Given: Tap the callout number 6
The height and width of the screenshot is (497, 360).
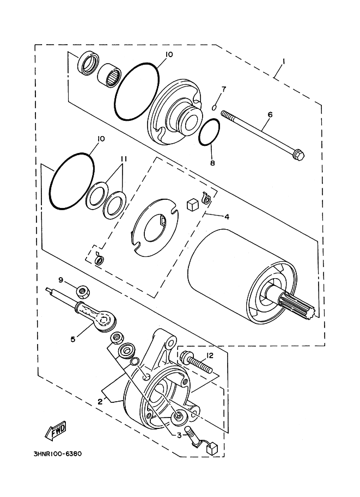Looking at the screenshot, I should (x=269, y=115).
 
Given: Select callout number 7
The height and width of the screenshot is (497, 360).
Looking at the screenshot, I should (x=223, y=89).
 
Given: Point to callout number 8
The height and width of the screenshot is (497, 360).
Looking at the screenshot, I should (x=212, y=162).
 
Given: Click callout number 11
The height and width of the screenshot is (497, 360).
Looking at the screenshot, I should (x=124, y=159).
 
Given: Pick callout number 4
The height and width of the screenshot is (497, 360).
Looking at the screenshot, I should (x=226, y=217).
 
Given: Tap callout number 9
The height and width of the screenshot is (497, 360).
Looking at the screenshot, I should (x=62, y=280).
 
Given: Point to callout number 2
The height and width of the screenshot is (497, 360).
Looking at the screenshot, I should (x=100, y=402).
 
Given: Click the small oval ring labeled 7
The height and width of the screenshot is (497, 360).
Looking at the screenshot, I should (x=215, y=107).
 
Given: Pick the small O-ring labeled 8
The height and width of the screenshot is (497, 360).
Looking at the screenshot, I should (x=209, y=133).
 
